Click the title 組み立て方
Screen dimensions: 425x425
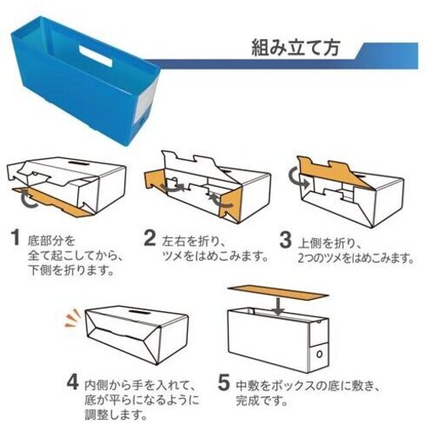[x=295, y=48]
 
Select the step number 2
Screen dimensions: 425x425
[x=150, y=238]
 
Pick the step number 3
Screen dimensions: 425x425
[x=286, y=240]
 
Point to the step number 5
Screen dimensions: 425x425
[x=224, y=382]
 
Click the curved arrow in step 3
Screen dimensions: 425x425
[x=297, y=179]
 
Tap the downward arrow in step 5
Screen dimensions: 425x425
[x=279, y=305]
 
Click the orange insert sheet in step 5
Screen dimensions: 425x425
[x=278, y=293]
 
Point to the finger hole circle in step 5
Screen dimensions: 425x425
[x=320, y=354]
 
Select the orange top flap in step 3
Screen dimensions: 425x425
[x=334, y=171]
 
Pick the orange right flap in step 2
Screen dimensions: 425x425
[x=231, y=204]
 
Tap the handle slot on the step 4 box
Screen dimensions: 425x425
[x=140, y=313]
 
